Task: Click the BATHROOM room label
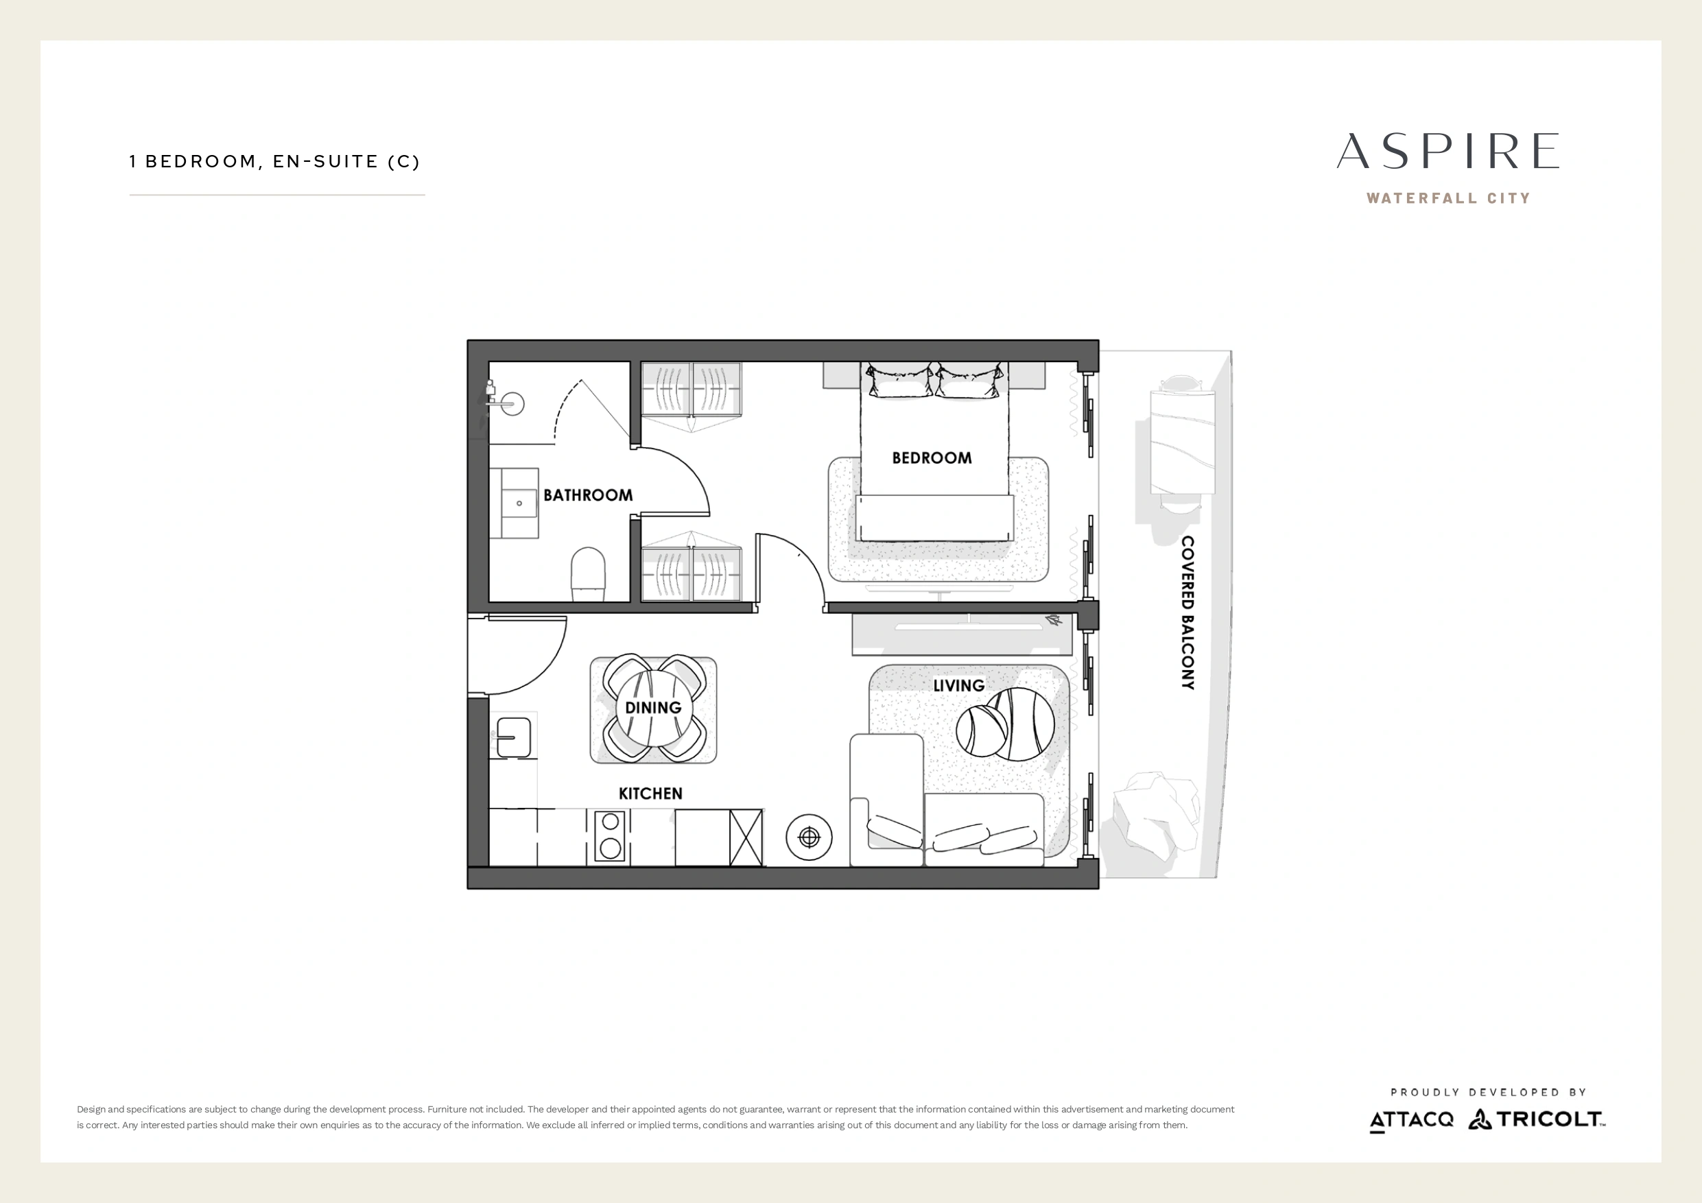tap(588, 495)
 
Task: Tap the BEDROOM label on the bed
tap(932, 458)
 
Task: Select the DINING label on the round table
tap(653, 708)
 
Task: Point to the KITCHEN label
tap(650, 794)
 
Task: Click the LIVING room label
tap(958, 686)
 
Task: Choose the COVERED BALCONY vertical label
tap(1187, 613)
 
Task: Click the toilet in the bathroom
tap(589, 575)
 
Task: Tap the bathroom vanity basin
tap(514, 503)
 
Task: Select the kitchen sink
tap(514, 737)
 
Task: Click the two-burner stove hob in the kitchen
tap(609, 835)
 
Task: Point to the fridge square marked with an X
tap(746, 837)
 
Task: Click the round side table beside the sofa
tap(809, 837)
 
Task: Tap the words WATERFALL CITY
tap(1448, 199)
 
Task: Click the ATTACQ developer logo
tap(1411, 1120)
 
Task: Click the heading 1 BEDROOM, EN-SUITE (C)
tap(274, 162)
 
